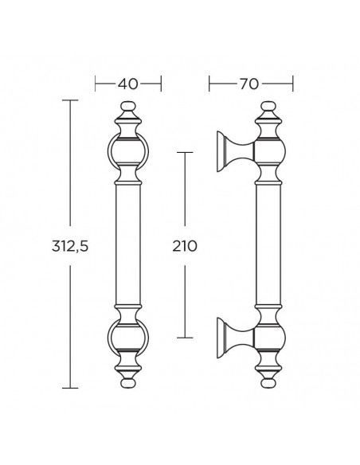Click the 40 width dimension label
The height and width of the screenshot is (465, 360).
[x=127, y=84]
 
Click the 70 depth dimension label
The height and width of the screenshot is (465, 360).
[x=249, y=84]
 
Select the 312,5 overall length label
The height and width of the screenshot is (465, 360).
[x=70, y=246]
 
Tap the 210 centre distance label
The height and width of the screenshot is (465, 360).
[x=185, y=246]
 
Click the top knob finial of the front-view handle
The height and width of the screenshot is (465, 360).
[x=127, y=107]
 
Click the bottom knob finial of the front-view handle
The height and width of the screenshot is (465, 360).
[x=127, y=382]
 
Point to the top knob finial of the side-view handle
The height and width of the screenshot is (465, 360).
[x=268, y=107]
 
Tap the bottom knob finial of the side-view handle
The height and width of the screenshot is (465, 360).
[x=268, y=382]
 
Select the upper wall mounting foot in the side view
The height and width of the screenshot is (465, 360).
[x=235, y=151]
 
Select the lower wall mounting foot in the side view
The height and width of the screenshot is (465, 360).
[x=235, y=338]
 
